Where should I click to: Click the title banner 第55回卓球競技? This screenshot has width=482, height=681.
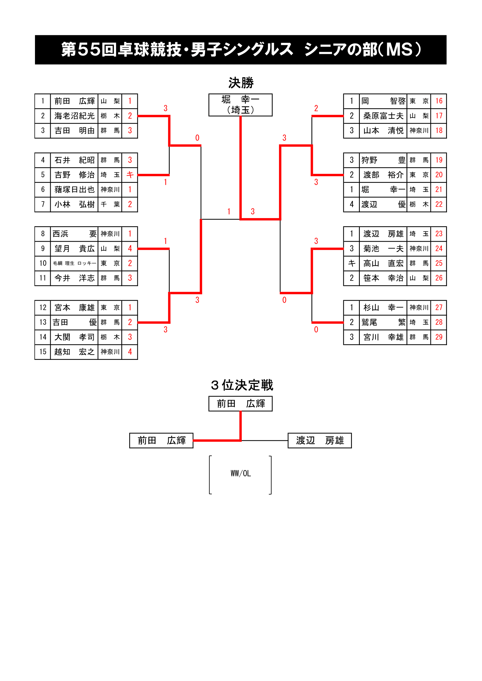tap(241, 49)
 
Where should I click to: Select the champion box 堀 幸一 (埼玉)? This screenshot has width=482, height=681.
tap(240, 105)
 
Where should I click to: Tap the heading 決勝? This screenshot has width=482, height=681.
tap(241, 83)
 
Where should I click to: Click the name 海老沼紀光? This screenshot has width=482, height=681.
tap(74, 116)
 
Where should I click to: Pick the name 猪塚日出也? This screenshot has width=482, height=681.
tap(74, 190)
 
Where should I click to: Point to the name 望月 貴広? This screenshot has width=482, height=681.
tap(74, 249)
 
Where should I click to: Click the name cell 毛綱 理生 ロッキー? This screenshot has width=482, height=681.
tap(74, 263)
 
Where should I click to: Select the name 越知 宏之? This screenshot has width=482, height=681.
tap(74, 352)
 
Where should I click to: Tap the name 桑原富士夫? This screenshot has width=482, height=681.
tap(383, 116)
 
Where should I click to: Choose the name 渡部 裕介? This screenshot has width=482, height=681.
tap(383, 175)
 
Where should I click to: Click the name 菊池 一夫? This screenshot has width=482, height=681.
tap(383, 249)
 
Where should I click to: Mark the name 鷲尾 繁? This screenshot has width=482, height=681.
tap(383, 322)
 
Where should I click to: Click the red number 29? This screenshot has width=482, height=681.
tap(439, 337)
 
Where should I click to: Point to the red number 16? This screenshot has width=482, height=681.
tap(439, 101)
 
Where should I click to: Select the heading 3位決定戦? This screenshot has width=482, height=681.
tap(242, 385)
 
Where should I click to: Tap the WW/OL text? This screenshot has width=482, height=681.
tap(241, 473)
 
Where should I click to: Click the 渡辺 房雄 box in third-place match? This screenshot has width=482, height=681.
tap(320, 441)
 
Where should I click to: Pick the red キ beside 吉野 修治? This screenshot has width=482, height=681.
tap(130, 175)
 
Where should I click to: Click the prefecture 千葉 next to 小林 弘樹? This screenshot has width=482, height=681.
tap(110, 204)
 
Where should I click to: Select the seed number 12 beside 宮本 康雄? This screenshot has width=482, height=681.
tap(43, 307)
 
